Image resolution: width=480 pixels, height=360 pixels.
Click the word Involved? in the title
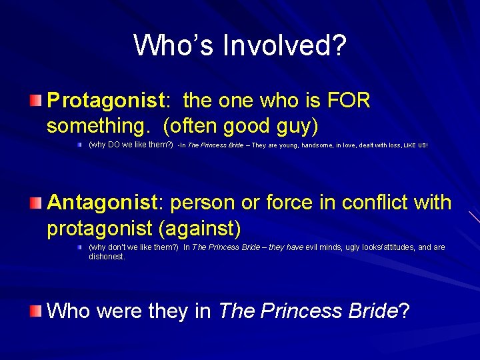pos(285,46)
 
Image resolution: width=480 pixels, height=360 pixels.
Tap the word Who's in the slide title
pos(175,46)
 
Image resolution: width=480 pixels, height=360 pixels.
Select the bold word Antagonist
pos(102,202)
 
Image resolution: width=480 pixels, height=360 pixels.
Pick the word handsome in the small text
pos(320,145)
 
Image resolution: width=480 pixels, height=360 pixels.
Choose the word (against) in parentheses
pos(199,228)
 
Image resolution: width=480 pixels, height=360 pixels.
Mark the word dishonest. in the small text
pos(107,256)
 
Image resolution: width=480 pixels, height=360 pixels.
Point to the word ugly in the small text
pos(346,247)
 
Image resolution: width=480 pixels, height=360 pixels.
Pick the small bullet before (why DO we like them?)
pos(79,144)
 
